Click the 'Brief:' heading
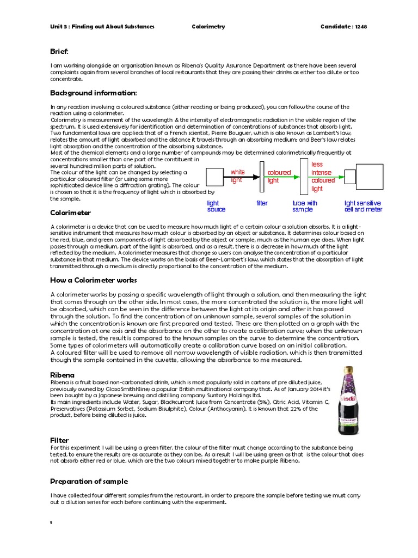tap(59, 51)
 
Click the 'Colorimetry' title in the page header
tap(208, 27)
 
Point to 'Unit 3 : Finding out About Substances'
tap(102, 27)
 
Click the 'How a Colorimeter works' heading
tap(93, 280)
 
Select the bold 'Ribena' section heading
tap(62, 375)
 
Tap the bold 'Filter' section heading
tap(59, 440)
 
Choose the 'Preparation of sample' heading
tap(89, 481)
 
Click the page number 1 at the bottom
tap(51, 523)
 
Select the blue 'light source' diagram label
tap(216, 206)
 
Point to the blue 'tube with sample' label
tap(305, 206)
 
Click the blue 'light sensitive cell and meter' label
tap(363, 206)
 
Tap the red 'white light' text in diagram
tap(237, 176)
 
